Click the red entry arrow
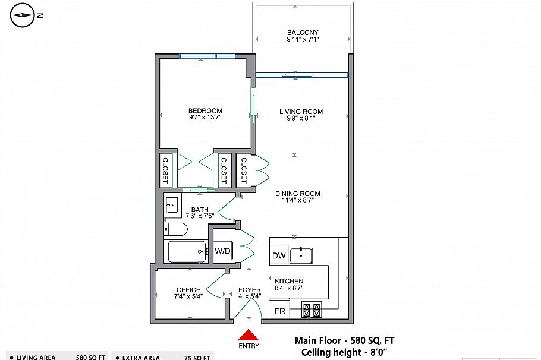pyautogui.click(x=249, y=336)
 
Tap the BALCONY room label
pyautogui.click(x=303, y=33)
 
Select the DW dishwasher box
pyautogui.click(x=279, y=256)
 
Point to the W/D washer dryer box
pyautogui.click(x=223, y=251)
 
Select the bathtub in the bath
pyautogui.click(x=187, y=252)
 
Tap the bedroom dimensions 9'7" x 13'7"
pyautogui.click(x=205, y=118)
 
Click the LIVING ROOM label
pyautogui.click(x=301, y=112)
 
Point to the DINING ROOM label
pyautogui.click(x=298, y=194)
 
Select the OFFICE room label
pyautogui.click(x=188, y=290)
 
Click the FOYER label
pyautogui.click(x=249, y=290)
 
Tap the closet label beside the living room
pyautogui.click(x=244, y=170)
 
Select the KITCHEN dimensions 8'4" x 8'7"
pyautogui.click(x=289, y=288)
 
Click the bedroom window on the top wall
pyautogui.click(x=207, y=56)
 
